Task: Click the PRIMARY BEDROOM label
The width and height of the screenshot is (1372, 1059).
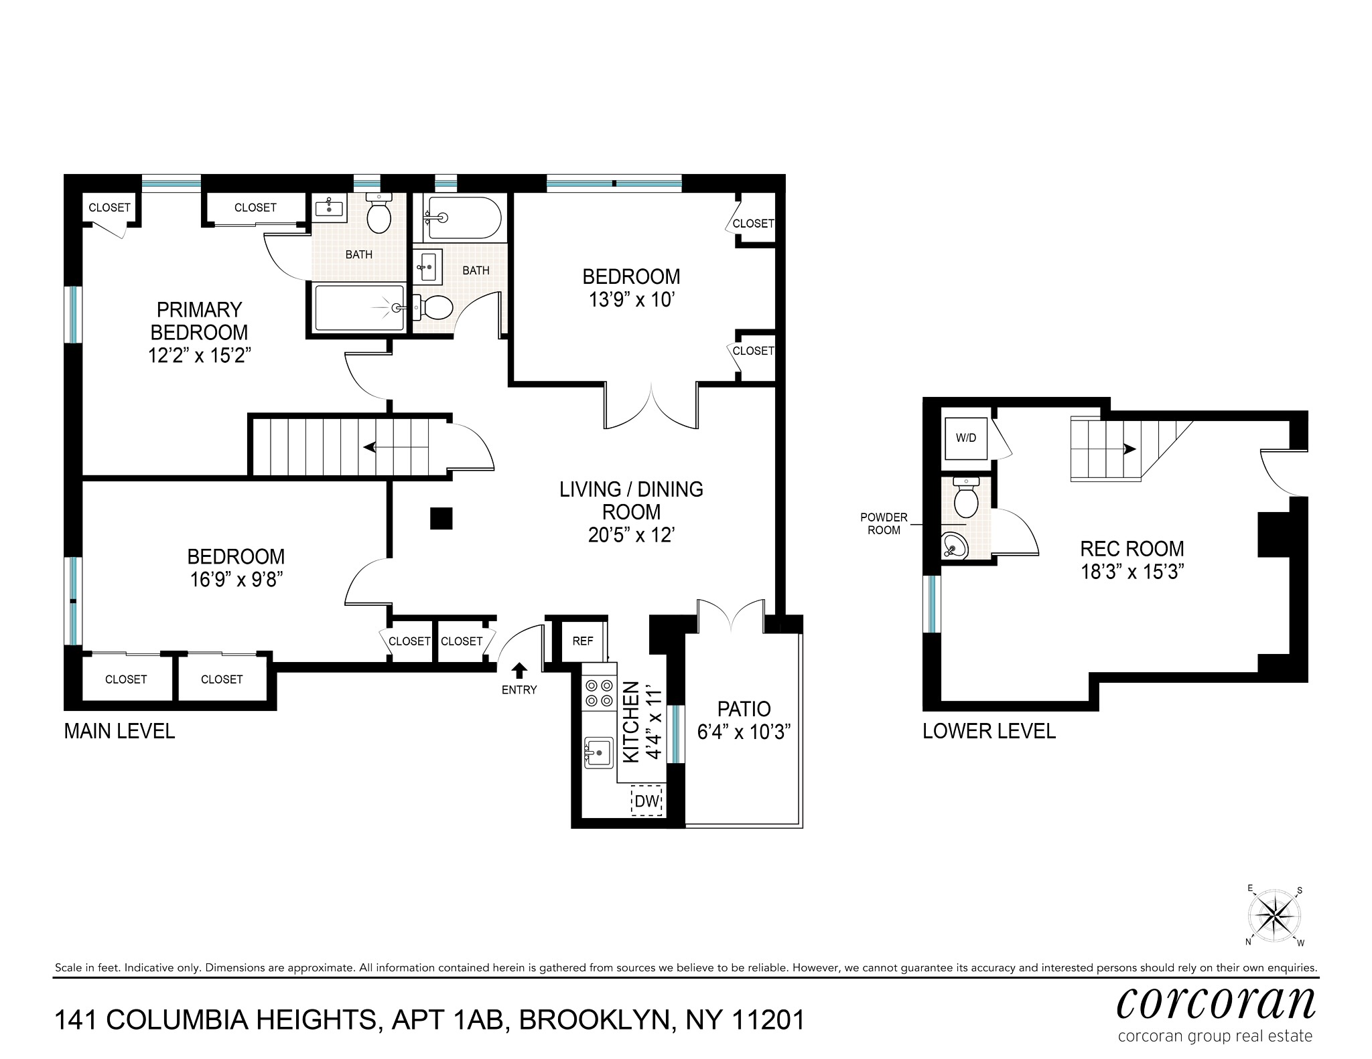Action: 198,321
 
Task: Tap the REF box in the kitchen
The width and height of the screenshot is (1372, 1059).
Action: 582,641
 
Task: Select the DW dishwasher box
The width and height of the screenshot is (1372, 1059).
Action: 647,801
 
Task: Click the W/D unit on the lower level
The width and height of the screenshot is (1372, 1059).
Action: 965,438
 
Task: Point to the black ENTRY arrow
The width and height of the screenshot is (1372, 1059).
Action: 519,669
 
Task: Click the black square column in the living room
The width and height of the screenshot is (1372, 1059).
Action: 441,519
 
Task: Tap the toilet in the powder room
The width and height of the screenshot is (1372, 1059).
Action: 965,497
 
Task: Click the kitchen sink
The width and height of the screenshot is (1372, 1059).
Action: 598,752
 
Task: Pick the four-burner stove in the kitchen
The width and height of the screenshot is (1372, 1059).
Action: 599,693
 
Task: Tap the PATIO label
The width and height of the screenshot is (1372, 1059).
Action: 744,708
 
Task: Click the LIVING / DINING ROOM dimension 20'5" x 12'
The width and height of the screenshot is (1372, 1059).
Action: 631,535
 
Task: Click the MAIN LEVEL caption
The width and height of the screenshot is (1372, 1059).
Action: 119,731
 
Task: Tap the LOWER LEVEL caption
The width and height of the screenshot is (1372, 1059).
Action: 989,731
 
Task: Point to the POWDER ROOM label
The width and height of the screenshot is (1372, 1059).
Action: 884,523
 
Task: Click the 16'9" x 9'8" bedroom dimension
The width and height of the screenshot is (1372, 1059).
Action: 235,579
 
